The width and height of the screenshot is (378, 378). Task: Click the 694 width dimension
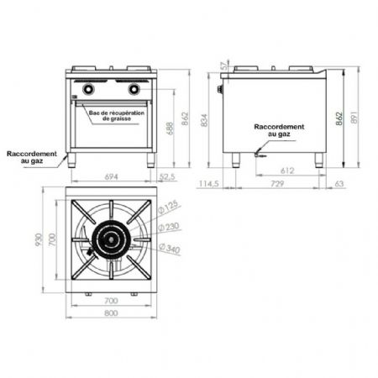(x=111, y=177)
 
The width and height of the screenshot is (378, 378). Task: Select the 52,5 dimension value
(x=167, y=177)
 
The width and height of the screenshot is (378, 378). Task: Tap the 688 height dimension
(x=171, y=129)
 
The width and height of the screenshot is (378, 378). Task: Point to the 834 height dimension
(x=204, y=120)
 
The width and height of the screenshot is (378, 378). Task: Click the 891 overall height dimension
(x=354, y=118)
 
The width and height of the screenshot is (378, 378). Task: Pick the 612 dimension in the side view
(x=287, y=171)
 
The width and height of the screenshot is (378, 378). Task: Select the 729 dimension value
(x=277, y=184)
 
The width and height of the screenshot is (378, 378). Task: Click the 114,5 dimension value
(x=209, y=184)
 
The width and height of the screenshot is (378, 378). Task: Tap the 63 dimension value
(x=339, y=184)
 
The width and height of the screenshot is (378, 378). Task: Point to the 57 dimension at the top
(x=224, y=66)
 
